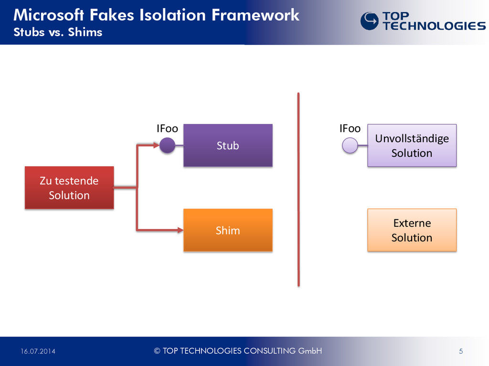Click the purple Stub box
point(228,145)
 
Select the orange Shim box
point(228,230)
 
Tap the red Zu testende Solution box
point(69,188)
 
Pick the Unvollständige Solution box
point(412,145)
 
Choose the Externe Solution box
point(412,230)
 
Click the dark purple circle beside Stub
point(167,145)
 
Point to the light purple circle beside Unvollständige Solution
point(350,145)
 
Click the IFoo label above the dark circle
point(167,129)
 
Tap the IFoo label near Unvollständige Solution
point(350,129)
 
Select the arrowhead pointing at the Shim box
point(181,230)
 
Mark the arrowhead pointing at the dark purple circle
point(157,145)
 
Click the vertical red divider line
point(298,189)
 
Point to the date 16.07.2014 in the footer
point(38,351)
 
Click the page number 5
point(461,351)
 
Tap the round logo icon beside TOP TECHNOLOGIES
point(370,21)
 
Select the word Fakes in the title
point(112,15)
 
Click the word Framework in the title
point(255,15)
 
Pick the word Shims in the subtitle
point(85,32)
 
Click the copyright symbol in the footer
point(157,351)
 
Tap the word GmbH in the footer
point(310,351)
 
